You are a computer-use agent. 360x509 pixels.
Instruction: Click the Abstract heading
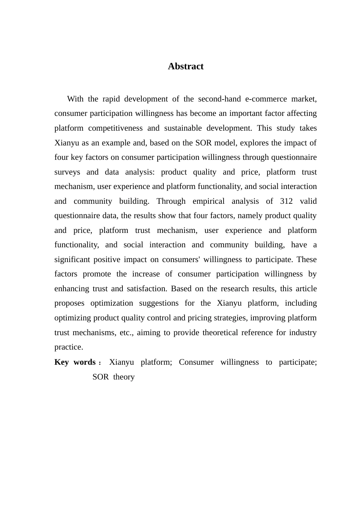186,66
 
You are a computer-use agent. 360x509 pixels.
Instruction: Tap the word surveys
67,172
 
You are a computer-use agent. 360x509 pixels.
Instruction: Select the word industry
303,333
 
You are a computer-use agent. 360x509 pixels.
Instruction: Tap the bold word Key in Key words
61,362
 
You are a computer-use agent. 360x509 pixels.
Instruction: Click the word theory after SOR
124,377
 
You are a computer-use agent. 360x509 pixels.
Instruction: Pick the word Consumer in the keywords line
196,362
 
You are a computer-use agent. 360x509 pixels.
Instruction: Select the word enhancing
72,289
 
